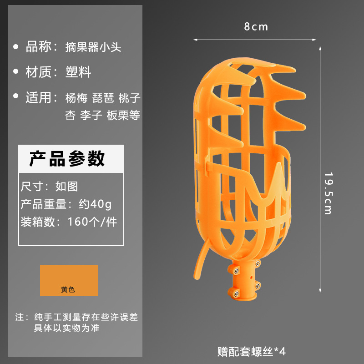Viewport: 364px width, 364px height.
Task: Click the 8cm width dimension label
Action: pos(256,27)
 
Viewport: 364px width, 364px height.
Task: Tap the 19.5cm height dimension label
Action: pos(328,193)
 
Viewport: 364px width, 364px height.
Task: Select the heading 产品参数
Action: pos(67,158)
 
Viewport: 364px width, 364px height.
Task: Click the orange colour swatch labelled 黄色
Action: pos(69,280)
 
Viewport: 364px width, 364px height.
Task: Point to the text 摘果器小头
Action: pos(93,47)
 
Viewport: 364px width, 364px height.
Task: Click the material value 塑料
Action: pos(78,72)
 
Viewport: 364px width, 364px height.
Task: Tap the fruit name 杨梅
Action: pos(76,97)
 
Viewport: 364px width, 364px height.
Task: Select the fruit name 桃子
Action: pos(129,97)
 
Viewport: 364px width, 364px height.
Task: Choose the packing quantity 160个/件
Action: pos(92,222)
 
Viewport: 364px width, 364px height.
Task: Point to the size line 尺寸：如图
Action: pos(49,186)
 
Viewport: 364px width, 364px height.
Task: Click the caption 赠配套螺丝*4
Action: pos(251,351)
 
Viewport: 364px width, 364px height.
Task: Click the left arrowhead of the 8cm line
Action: pos(196,40)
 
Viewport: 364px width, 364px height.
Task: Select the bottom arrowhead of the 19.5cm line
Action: pos(321,290)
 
